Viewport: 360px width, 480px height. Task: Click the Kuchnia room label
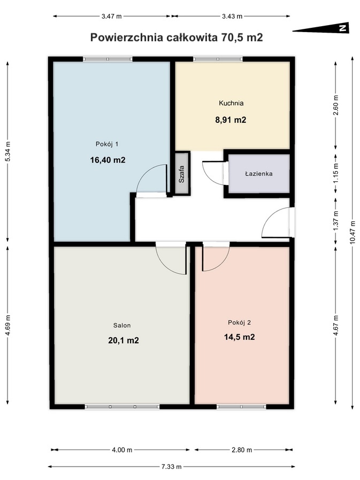click(x=231, y=103)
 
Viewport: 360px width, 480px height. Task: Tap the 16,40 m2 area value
click(x=108, y=160)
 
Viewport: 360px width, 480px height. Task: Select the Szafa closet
click(x=181, y=174)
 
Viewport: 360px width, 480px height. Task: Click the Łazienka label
click(x=259, y=174)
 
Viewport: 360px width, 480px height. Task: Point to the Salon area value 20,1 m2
click(x=123, y=340)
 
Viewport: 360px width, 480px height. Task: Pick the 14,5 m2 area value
click(x=239, y=337)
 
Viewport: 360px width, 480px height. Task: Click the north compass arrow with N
click(x=321, y=28)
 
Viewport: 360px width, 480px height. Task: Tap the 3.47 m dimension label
click(x=111, y=16)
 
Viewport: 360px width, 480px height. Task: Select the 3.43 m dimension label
click(x=232, y=16)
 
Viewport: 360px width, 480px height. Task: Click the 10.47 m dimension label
click(x=353, y=233)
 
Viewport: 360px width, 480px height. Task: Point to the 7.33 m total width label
click(x=171, y=467)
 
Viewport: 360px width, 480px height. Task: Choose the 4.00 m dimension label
click(x=122, y=450)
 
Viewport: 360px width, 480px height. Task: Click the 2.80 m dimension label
click(x=242, y=450)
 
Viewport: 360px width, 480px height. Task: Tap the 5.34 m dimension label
click(x=8, y=151)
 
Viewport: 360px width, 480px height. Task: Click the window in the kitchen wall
click(x=218, y=59)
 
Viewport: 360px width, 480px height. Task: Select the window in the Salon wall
click(x=122, y=407)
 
